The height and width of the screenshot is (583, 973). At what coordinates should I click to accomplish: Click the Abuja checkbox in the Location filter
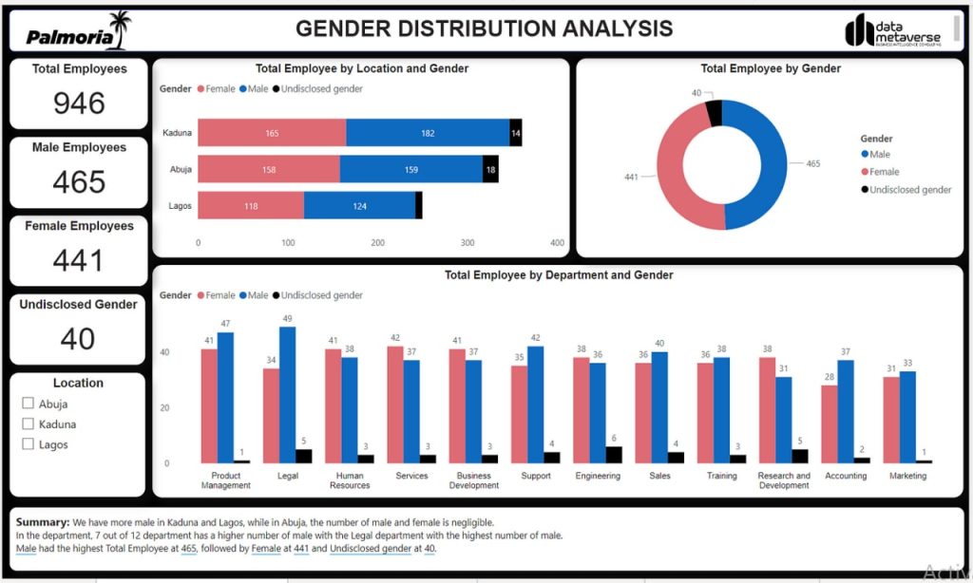tap(28, 404)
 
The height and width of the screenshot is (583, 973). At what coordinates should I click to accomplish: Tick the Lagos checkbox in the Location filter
tap(28, 444)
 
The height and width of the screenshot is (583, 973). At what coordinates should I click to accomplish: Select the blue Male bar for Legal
tap(287, 394)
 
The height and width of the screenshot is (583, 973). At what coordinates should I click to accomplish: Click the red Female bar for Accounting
tap(830, 423)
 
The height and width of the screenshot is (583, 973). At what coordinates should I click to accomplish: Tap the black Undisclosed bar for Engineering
tap(613, 454)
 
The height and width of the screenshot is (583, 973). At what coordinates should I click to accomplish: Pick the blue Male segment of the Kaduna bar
tap(428, 133)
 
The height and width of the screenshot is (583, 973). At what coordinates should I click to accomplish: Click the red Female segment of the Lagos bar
tap(251, 206)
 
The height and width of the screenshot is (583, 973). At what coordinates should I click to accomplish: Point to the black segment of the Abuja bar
tap(490, 169)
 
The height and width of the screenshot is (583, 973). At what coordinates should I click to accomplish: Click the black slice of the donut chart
tap(714, 113)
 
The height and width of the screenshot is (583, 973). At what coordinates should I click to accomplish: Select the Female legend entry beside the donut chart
tap(883, 172)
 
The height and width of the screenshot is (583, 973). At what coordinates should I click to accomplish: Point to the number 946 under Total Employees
tap(79, 103)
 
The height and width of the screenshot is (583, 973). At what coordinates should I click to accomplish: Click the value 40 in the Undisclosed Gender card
tap(78, 338)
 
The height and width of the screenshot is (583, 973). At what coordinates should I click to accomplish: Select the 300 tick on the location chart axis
tap(467, 243)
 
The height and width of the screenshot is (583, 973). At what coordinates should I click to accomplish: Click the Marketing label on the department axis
tap(907, 476)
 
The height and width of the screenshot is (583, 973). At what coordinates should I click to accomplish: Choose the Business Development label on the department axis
tap(473, 480)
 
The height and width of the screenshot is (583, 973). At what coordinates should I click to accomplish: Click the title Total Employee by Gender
tap(770, 68)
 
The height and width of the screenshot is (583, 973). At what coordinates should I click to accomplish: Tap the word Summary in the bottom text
tap(42, 522)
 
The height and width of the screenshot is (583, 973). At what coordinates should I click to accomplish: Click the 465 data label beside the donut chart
tap(812, 163)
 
